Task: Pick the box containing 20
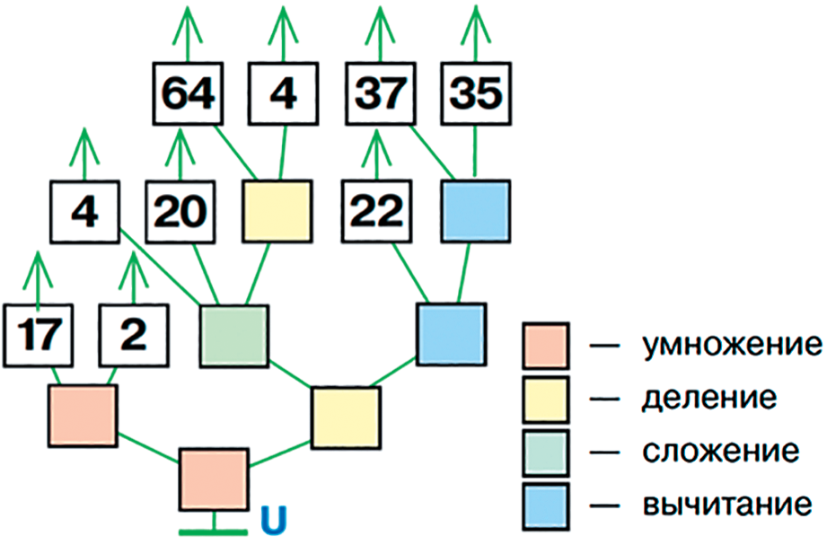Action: tap(181, 212)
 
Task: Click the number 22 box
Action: tap(375, 212)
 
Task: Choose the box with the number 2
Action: tap(133, 333)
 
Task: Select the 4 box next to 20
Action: tap(86, 212)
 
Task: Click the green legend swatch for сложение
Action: tap(545, 450)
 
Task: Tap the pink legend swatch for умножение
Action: tap(545, 347)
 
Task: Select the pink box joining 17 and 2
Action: tap(84, 416)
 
